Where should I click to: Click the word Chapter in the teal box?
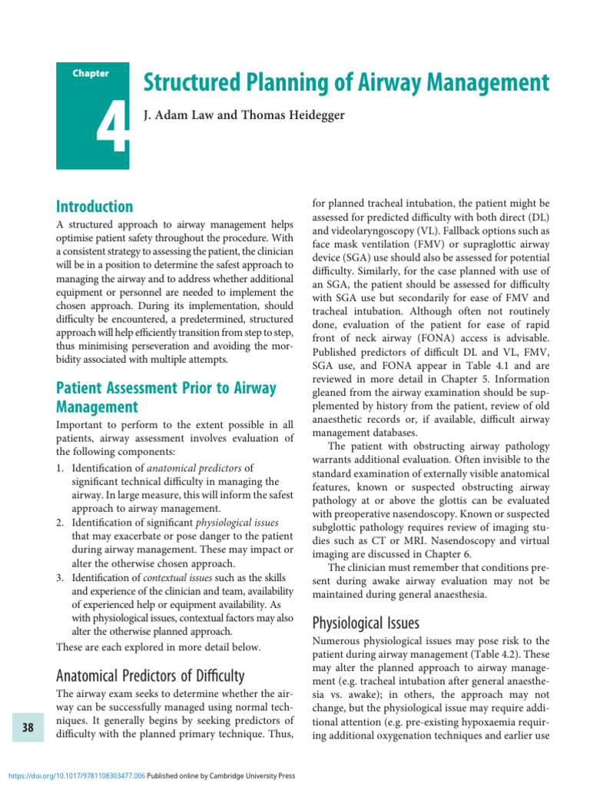coord(91,74)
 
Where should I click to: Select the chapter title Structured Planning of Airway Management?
coord(346,83)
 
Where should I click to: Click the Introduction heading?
coord(94,207)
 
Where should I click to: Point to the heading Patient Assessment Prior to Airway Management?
coord(166,397)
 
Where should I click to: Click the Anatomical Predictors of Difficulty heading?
coord(151,676)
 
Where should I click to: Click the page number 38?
coord(28,727)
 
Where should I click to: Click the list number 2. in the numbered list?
coord(61,523)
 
